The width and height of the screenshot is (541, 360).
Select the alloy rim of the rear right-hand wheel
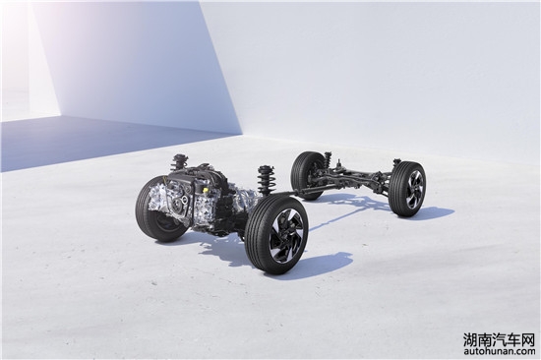tap(414, 190)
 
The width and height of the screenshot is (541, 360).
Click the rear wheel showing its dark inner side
tap(308, 175)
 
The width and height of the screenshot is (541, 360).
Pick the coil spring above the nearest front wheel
tap(265, 181)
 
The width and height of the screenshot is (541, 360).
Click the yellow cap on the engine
tap(206, 190)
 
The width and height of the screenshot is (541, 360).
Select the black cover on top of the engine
tap(193, 176)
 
